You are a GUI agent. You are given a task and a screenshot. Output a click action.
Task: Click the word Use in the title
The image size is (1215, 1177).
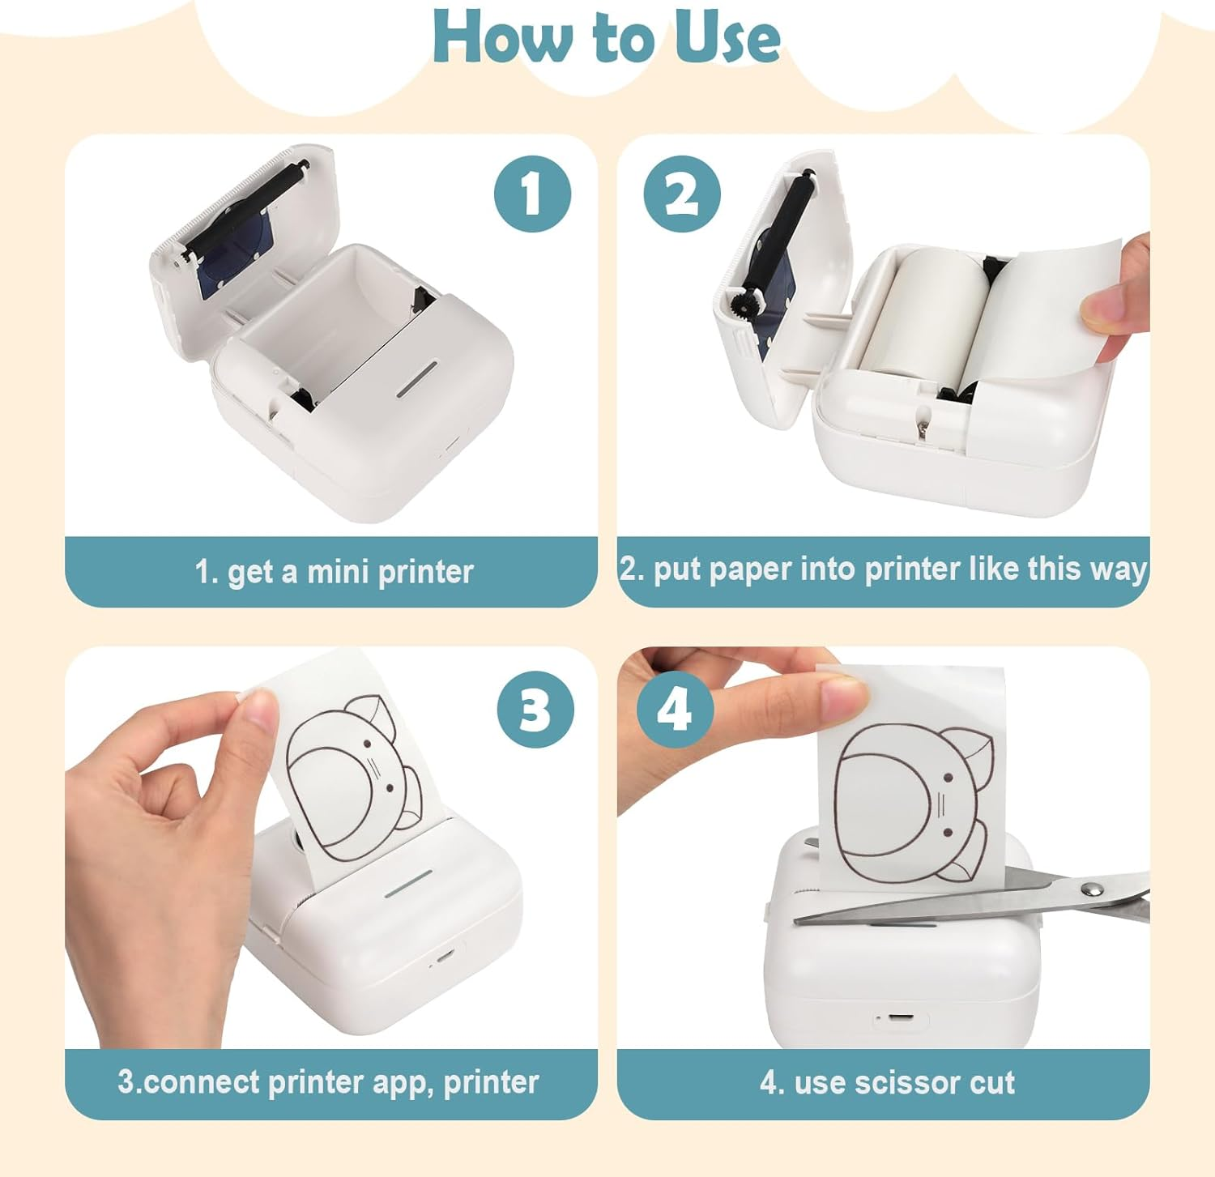727,38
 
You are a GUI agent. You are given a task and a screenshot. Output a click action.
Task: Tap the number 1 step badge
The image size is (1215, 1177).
532,194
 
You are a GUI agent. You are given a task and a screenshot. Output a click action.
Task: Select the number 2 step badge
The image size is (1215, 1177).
682,194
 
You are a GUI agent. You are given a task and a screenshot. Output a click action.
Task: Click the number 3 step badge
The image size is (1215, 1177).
535,710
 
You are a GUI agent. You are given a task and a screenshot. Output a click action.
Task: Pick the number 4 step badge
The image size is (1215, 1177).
675,710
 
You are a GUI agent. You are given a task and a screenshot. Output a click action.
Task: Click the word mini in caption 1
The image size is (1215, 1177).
338,572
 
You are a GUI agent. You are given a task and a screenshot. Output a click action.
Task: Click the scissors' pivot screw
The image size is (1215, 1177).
1091,889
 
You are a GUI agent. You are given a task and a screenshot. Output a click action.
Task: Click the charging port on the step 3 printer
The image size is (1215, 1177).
442,956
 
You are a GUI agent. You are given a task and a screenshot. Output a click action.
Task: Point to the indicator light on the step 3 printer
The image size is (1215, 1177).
408,884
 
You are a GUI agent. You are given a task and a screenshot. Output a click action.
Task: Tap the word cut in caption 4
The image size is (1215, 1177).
991,1083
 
